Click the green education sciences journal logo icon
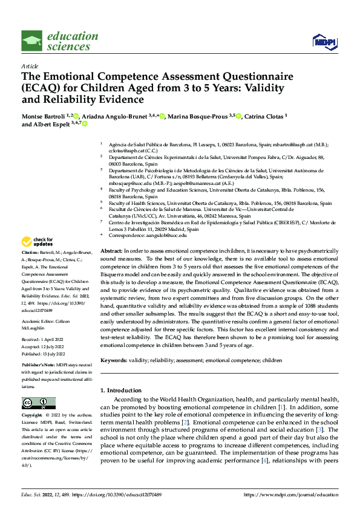point(32,41)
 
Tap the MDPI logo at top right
point(323,41)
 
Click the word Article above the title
point(30,66)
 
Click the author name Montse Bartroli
point(44,115)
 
